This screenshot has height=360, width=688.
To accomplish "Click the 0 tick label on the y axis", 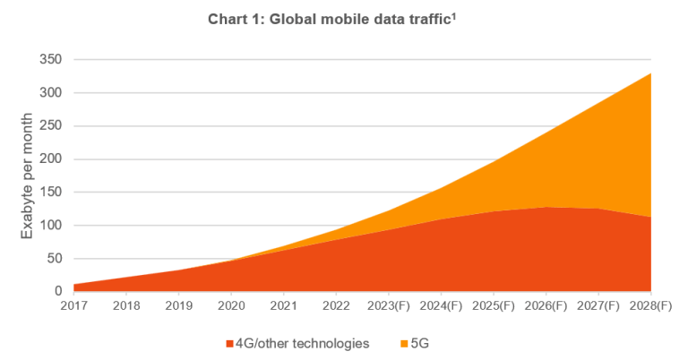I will point(57,291).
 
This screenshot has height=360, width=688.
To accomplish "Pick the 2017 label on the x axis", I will point(74,307).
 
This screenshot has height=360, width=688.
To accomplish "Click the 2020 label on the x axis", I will point(232,307).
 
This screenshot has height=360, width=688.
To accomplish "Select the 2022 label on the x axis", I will point(337,307).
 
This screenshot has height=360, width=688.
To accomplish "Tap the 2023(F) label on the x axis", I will point(390,307).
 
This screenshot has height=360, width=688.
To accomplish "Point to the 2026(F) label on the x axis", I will point(546,307).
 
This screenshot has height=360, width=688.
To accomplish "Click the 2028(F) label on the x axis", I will point(651,307).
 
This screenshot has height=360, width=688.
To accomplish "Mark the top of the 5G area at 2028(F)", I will point(650,73).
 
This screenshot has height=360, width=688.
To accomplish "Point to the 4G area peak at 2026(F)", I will point(546,207).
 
